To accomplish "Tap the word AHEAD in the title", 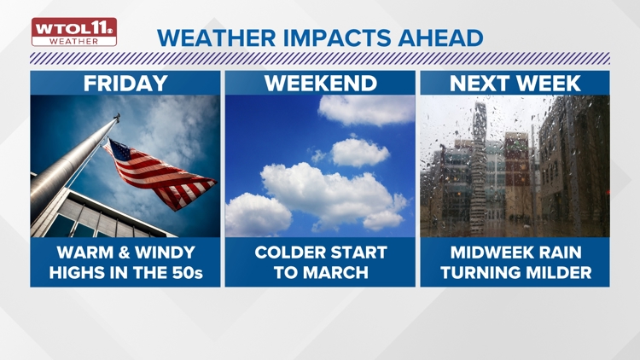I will tap(444, 38).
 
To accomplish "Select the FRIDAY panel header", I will tap(125, 83).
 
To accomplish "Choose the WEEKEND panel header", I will tap(320, 83).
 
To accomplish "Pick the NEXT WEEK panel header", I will tap(515, 83).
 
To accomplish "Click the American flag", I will tap(158, 171).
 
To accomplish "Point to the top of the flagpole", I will tap(117, 118).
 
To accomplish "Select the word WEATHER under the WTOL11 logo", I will tap(74, 40).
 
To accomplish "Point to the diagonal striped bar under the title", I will tap(320, 59).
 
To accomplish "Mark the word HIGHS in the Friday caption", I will tap(79, 272).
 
